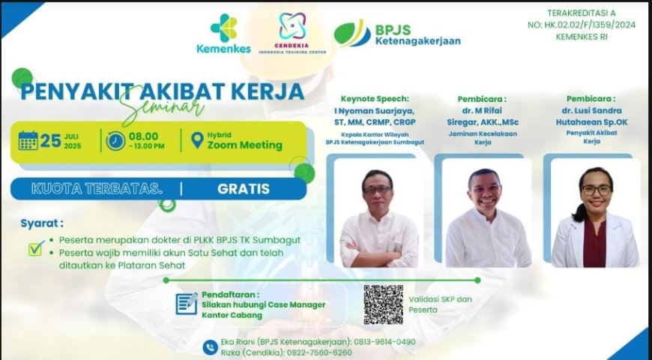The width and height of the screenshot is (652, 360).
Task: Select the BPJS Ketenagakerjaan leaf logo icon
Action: click(351, 33)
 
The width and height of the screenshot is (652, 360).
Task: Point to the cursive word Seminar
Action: click(163, 106)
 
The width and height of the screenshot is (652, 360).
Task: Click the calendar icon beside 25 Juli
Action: click(28, 141)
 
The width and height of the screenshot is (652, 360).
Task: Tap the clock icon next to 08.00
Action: click(115, 141)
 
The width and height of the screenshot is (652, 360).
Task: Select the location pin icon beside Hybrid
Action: click(197, 140)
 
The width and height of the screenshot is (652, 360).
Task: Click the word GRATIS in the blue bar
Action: click(244, 189)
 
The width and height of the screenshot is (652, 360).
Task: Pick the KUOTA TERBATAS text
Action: click(97, 189)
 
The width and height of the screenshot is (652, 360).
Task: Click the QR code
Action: click(383, 304)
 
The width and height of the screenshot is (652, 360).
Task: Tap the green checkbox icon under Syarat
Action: click(37, 248)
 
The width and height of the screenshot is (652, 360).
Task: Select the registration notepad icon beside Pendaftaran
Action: click(187, 304)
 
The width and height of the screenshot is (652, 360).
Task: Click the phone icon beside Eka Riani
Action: click(211, 347)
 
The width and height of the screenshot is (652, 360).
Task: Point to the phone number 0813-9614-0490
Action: click(384, 342)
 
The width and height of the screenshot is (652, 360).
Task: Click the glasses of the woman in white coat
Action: click(597, 189)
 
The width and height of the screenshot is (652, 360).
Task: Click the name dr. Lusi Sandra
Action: click(592, 111)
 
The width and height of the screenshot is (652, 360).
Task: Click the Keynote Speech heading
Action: click(375, 99)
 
